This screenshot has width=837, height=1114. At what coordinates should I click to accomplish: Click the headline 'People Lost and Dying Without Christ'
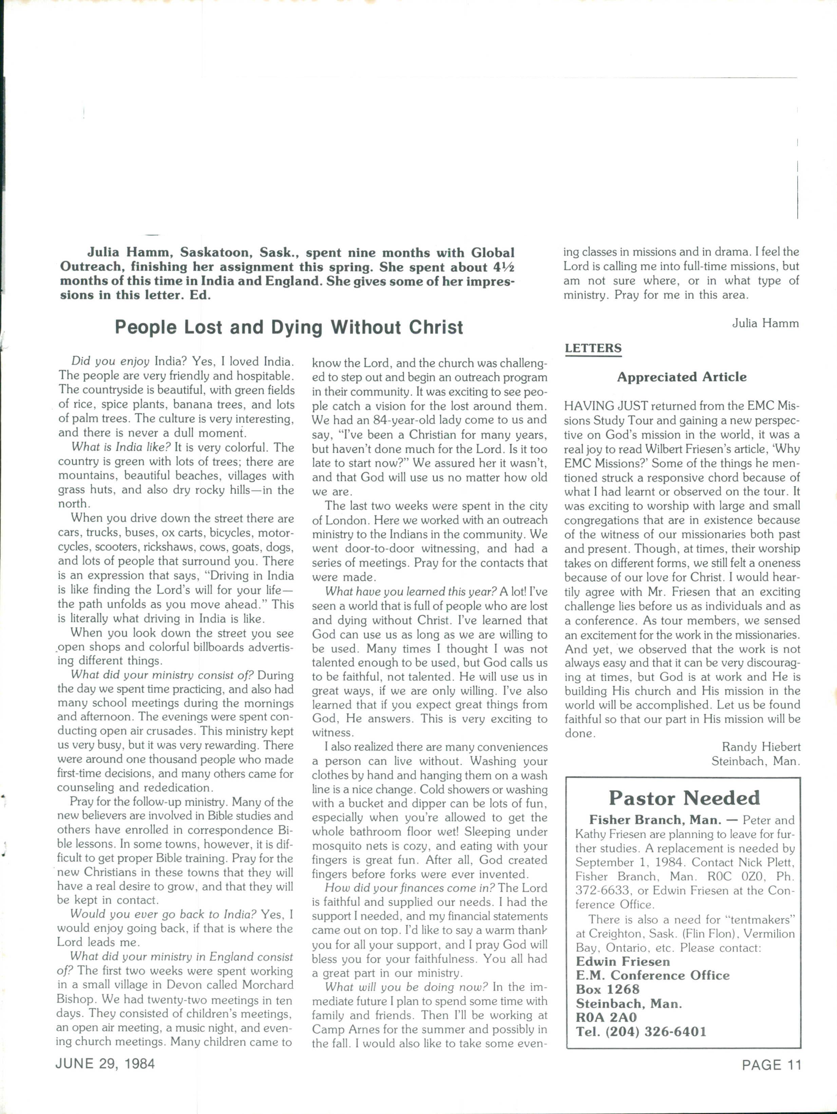[x=289, y=327]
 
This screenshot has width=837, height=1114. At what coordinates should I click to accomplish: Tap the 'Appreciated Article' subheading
[x=681, y=377]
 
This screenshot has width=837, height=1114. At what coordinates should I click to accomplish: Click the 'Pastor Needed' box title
[x=683, y=798]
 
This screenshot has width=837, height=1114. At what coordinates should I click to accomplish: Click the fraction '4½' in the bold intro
[x=502, y=267]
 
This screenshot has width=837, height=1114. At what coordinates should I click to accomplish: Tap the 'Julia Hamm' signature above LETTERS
[x=765, y=323]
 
